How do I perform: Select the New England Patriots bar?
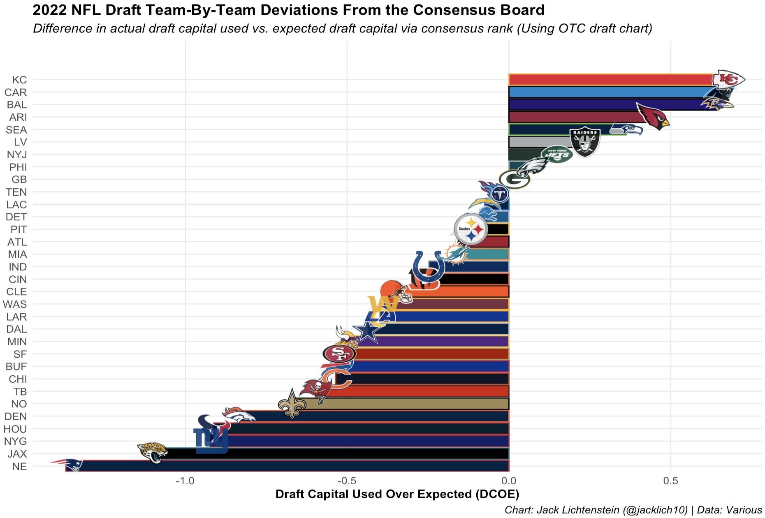tap(288, 466)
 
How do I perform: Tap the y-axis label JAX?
tap(17, 454)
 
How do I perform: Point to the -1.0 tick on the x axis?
tap(185, 481)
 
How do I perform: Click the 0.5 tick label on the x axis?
tap(670, 481)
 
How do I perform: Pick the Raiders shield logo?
tap(584, 142)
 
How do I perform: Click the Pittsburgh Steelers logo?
tap(471, 229)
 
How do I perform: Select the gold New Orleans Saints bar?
tap(407, 404)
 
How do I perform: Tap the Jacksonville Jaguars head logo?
tap(152, 452)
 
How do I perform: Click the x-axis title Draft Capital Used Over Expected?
tap(397, 494)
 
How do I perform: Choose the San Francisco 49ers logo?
tap(339, 354)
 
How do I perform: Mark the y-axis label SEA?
tap(16, 130)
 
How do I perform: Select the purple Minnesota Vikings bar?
tap(440, 341)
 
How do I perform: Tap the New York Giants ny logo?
tap(211, 440)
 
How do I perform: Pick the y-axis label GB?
tap(19, 180)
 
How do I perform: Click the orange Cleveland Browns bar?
tap(461, 291)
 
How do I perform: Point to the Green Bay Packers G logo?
tap(514, 180)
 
